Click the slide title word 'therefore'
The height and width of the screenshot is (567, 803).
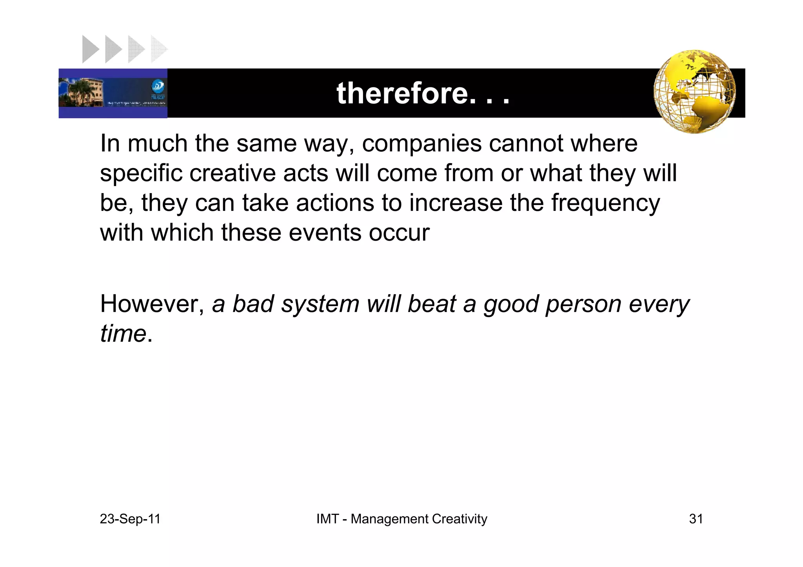402,93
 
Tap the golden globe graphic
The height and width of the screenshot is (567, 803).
694,92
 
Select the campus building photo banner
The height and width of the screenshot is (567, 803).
113,93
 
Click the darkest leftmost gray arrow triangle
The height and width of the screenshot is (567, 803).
90,49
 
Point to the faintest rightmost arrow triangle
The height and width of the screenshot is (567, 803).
158,49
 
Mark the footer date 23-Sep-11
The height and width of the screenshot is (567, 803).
130,519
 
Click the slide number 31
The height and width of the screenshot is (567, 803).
696,519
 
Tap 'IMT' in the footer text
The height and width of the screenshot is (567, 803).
327,519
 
